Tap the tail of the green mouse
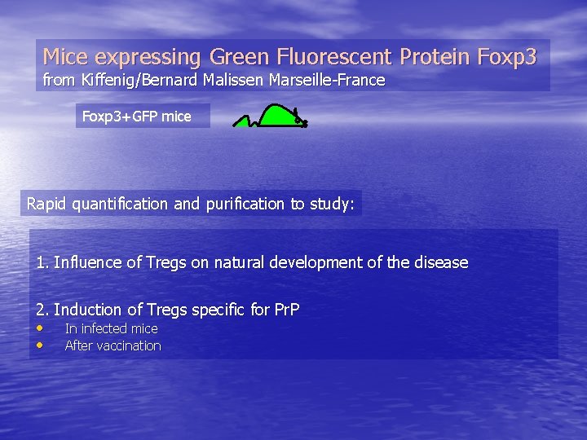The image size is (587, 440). point(245,121)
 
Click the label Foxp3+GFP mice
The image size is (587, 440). point(137,117)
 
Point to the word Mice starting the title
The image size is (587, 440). point(65,57)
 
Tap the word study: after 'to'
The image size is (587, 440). point(332,204)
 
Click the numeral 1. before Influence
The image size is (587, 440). point(42,262)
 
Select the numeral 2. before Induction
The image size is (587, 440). point(42,310)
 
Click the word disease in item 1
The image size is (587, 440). point(440,262)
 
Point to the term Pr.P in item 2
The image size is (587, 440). point(286,310)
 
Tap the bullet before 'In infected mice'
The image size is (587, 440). point(40,328)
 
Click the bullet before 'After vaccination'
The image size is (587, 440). point(40,345)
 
